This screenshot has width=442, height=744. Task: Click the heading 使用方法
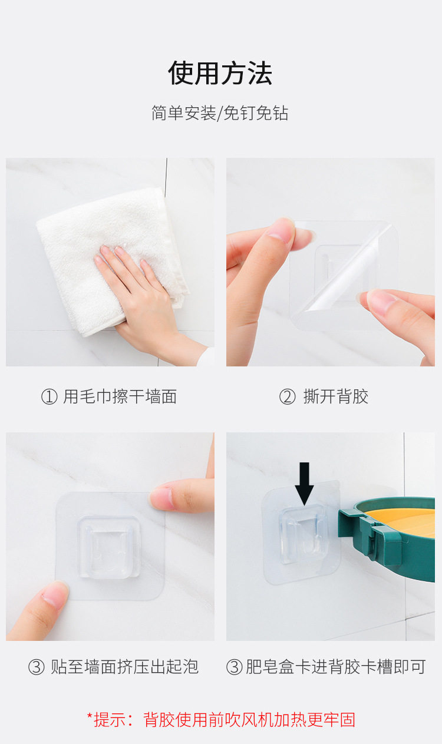(x=220, y=73)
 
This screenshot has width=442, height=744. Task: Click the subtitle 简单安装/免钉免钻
(x=220, y=113)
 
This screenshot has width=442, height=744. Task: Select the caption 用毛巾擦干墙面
(x=120, y=396)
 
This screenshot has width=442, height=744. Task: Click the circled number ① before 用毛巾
(x=49, y=397)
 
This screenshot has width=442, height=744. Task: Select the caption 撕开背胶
(x=336, y=396)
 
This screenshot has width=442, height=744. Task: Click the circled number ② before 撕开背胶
(x=287, y=397)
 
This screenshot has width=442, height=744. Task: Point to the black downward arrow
(x=304, y=484)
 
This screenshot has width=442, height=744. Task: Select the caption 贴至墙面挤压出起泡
(x=124, y=667)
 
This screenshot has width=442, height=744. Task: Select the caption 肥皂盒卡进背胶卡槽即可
(x=335, y=667)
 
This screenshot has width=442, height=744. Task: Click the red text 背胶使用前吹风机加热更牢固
(x=249, y=720)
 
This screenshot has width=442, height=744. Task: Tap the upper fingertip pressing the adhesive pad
(x=162, y=498)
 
